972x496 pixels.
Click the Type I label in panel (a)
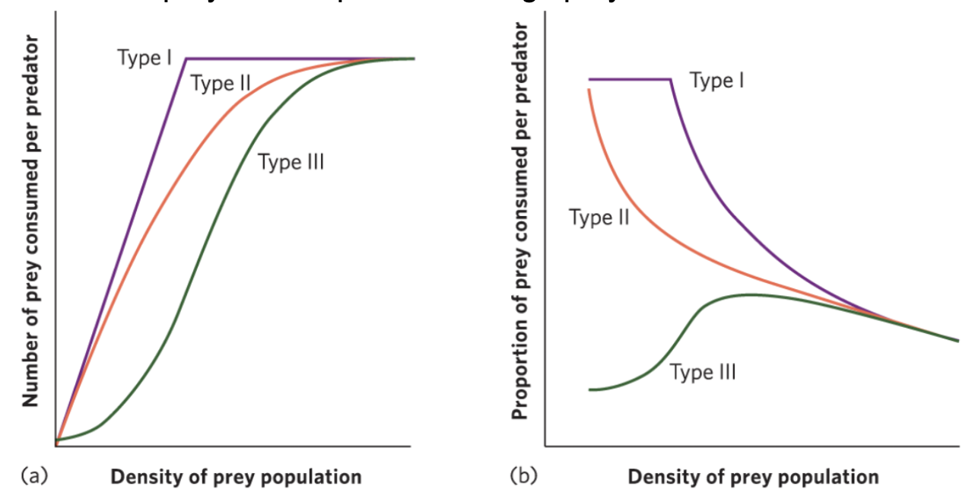145,57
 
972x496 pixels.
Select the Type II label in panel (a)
221,83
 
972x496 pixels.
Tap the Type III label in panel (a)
291,162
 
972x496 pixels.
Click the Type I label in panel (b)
716,80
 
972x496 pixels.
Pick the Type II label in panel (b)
599,218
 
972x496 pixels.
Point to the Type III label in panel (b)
703,373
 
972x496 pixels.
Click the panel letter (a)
34,477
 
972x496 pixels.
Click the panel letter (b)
523,477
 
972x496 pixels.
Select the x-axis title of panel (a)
236,478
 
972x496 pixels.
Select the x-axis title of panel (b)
753,478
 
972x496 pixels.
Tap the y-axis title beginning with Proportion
520,221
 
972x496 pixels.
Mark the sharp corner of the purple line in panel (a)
186,59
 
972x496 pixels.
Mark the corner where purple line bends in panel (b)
670,79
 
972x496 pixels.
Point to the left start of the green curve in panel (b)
590,389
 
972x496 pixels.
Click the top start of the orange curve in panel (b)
589,90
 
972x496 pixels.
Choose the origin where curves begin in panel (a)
56,440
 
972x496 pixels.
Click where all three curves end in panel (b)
958,340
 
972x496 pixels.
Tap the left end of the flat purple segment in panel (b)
589,79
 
